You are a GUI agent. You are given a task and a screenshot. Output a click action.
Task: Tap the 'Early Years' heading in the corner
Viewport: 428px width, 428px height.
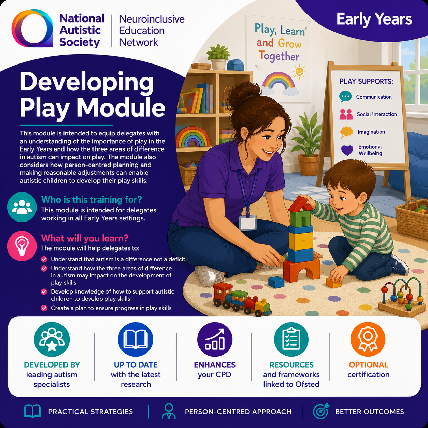(x=374, y=19)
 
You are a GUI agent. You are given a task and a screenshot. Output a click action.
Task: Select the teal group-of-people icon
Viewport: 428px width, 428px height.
(x=22, y=207)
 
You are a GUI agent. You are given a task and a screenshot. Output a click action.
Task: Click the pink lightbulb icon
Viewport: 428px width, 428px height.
(x=22, y=246)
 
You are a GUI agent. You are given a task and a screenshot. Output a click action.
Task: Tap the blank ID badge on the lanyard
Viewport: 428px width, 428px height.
(x=248, y=223)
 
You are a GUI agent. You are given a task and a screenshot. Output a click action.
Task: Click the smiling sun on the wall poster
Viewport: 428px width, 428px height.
(x=299, y=72)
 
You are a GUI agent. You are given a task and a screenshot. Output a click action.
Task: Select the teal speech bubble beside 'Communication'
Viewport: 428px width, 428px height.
(x=345, y=97)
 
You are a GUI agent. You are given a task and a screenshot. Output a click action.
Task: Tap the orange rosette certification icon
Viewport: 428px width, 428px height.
(x=368, y=339)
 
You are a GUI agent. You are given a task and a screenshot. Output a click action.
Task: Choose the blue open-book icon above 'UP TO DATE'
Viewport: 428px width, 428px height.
(x=135, y=339)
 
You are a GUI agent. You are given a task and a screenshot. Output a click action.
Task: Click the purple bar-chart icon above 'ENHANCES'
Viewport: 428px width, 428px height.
(x=215, y=339)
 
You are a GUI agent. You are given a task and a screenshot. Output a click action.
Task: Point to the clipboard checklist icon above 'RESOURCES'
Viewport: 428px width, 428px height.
(x=291, y=339)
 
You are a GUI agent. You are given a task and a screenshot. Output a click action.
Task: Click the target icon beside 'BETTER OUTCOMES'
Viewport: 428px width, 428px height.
(x=321, y=411)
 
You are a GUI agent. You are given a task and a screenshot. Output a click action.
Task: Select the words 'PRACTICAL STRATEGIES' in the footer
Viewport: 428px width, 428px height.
(x=90, y=412)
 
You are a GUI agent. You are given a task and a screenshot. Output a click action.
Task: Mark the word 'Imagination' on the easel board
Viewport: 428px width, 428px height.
(x=371, y=132)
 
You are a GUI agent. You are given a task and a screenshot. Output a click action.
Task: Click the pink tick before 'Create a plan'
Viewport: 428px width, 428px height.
(x=44, y=308)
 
